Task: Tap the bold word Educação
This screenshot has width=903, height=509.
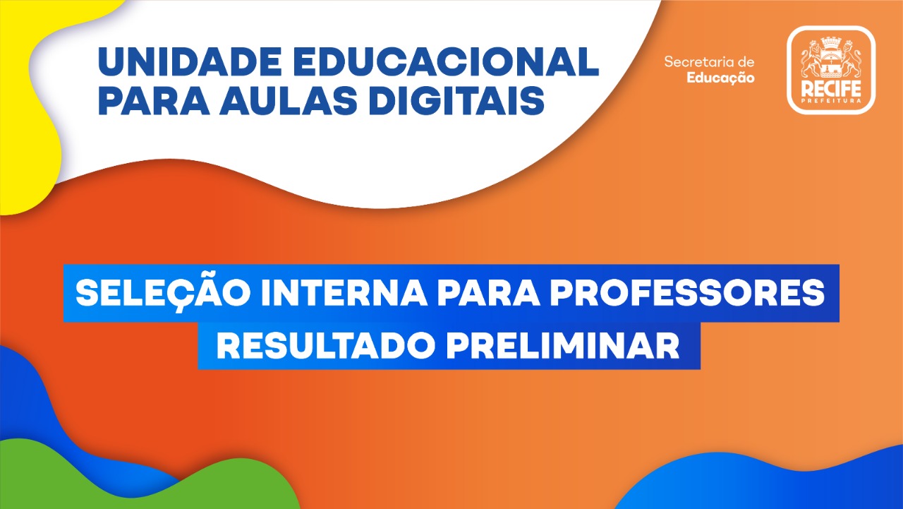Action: point(720,78)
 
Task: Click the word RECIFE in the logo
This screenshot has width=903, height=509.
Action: point(831,89)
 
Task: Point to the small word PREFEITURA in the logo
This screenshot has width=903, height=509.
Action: point(831,101)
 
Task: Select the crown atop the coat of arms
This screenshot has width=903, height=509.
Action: point(830,42)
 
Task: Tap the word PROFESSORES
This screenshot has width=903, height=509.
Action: point(688,293)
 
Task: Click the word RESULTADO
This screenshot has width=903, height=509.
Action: point(326,345)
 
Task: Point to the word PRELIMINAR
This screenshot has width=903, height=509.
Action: point(563,345)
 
